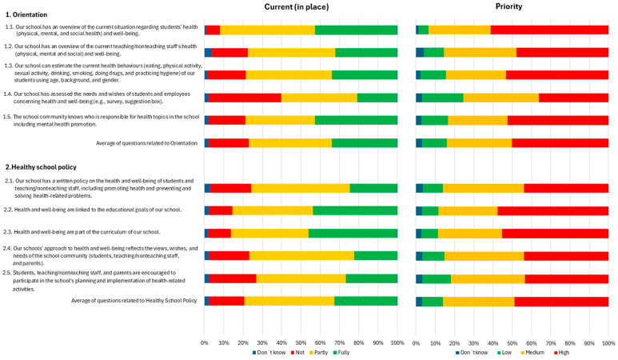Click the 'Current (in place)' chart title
click(x=297, y=6)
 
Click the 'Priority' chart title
click(x=508, y=6)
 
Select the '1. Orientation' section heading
click(x=26, y=14)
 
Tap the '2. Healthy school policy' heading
click(x=41, y=166)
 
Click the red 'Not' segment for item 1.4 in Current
click(x=245, y=98)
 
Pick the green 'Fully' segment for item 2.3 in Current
click(x=353, y=233)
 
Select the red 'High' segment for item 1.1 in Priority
click(x=549, y=30)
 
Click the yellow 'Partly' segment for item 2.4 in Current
click(x=301, y=255)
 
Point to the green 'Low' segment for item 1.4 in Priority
click(x=443, y=98)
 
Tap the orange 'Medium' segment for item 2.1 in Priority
click(x=483, y=188)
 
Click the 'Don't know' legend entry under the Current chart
click(x=269, y=353)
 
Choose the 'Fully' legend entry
click(x=341, y=353)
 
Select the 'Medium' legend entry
click(x=532, y=353)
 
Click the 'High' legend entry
click(x=562, y=353)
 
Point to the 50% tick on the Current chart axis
click(x=301, y=343)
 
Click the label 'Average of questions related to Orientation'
click(x=146, y=143)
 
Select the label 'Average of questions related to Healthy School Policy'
click(x=134, y=301)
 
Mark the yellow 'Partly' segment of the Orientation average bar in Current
click(x=290, y=143)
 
